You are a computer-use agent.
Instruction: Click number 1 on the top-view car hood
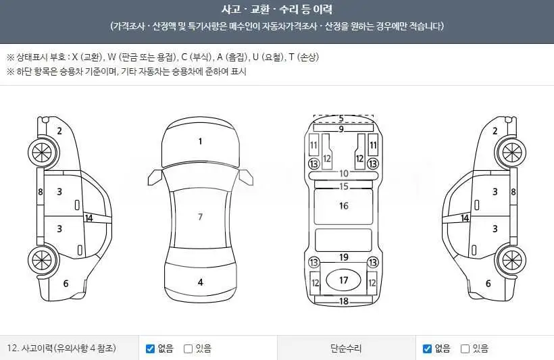pyautogui.click(x=201, y=142)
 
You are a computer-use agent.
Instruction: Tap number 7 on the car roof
pyautogui.click(x=201, y=217)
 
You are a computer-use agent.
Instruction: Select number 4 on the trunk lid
pyautogui.click(x=201, y=282)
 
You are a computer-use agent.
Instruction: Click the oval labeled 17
pyautogui.click(x=343, y=280)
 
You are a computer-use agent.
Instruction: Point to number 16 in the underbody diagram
pyautogui.click(x=344, y=206)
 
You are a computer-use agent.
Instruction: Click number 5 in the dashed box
pyautogui.click(x=341, y=118)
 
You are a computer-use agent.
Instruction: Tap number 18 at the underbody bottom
pyautogui.click(x=344, y=301)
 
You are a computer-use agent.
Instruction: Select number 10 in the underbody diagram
pyautogui.click(x=344, y=174)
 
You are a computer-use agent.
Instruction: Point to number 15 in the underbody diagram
pyautogui.click(x=344, y=186)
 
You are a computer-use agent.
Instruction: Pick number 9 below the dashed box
pyautogui.click(x=341, y=129)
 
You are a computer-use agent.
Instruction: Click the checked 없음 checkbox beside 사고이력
pyautogui.click(x=150, y=349)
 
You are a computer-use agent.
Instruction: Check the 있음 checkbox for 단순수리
pyautogui.click(x=465, y=349)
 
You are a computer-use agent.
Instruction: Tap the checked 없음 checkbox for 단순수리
pyautogui.click(x=427, y=349)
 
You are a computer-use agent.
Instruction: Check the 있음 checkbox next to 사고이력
pyautogui.click(x=188, y=349)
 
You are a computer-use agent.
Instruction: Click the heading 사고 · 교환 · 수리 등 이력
pyautogui.click(x=276, y=9)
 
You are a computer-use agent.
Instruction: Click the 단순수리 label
pyautogui.click(x=346, y=349)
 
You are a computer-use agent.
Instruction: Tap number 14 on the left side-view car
pyautogui.click(x=89, y=218)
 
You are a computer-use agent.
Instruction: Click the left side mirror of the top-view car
pyautogui.click(x=155, y=178)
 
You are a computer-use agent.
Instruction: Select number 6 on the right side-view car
pyautogui.click(x=488, y=283)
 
